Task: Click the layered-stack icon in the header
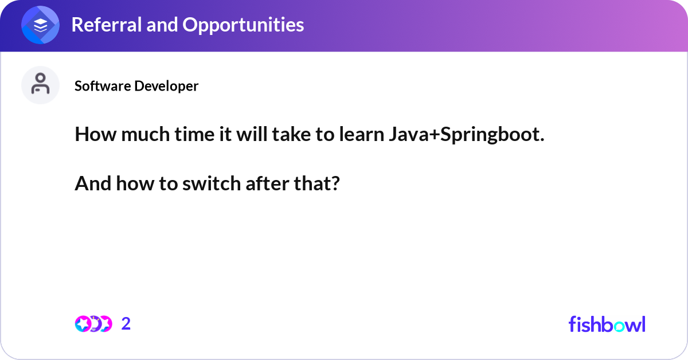(40, 25)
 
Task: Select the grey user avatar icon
(40, 85)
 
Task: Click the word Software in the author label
(102, 85)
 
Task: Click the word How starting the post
(96, 134)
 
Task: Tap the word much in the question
(145, 134)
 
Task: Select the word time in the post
(194, 134)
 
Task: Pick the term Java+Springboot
(467, 135)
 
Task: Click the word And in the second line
(93, 183)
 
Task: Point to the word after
(267, 183)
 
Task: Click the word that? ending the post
(316, 183)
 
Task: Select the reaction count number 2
(126, 324)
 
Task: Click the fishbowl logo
(607, 324)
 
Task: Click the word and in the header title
(162, 25)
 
